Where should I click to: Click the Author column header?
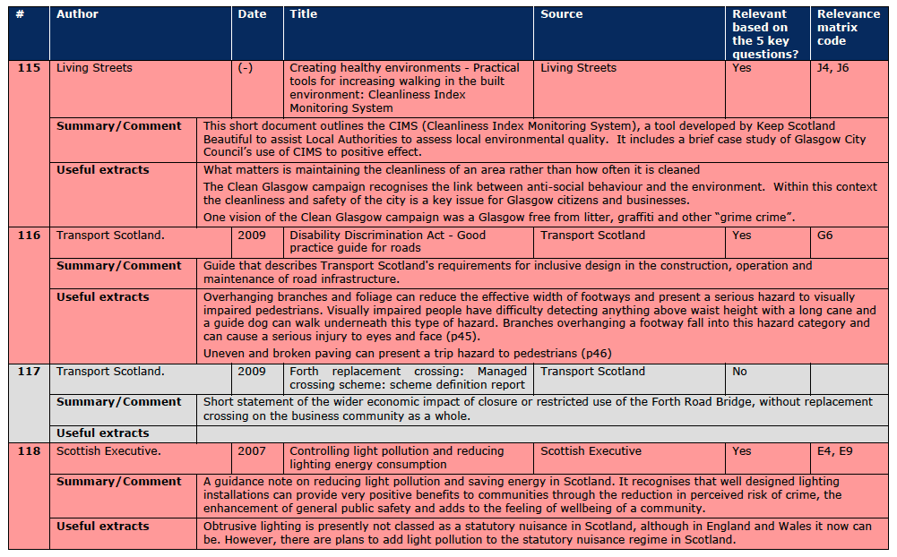pos(77,14)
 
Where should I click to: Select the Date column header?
pos(252,14)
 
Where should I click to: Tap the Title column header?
pos(303,14)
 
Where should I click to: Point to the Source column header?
pos(561,14)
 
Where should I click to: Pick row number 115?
pos(30,68)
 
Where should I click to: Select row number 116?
pos(30,236)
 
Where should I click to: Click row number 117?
pos(30,372)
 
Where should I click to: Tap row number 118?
pos(30,451)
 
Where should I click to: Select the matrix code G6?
pos(825,236)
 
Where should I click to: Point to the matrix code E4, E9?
pos(834,451)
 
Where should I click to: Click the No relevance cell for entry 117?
pos(740,372)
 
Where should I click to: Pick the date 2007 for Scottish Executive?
pos(252,451)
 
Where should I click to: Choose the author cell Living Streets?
pos(94,68)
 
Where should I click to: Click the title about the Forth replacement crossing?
pos(408,378)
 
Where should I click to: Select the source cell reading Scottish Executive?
pos(591,451)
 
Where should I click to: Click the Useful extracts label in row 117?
pos(102,433)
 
